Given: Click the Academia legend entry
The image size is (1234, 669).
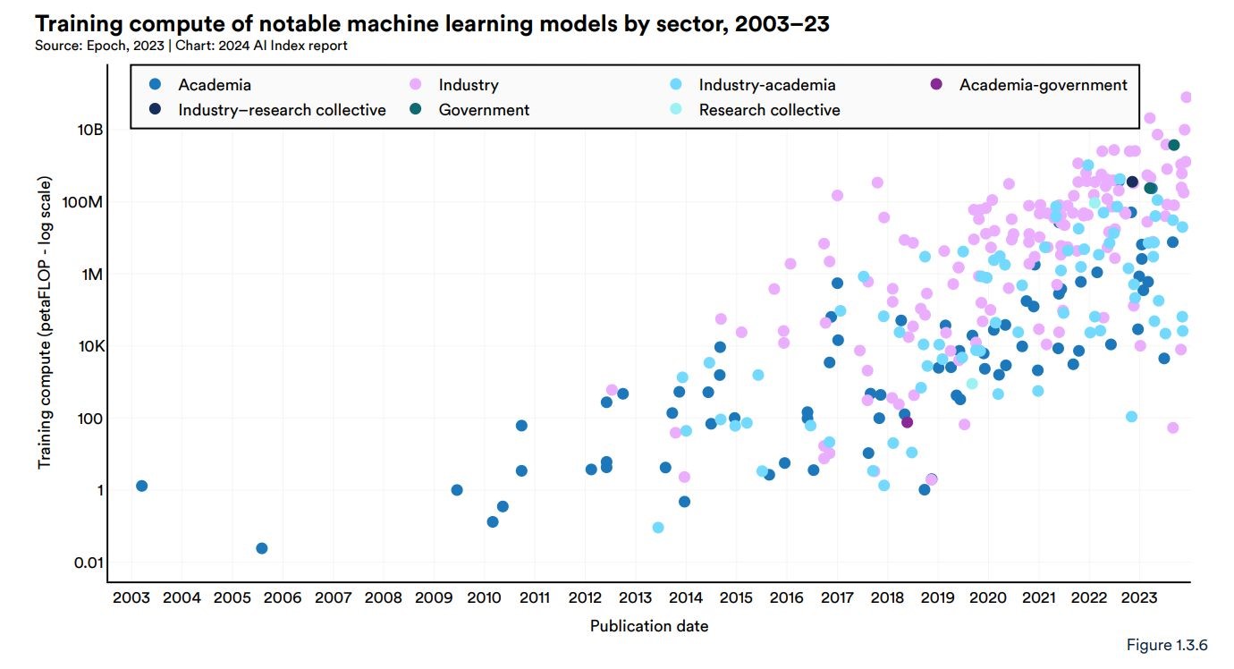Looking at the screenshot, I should [x=215, y=85].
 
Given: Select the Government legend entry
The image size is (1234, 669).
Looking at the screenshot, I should [x=484, y=110].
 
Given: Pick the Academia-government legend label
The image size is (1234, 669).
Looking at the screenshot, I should [x=1043, y=85].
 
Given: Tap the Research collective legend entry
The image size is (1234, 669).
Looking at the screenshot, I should [x=769, y=110].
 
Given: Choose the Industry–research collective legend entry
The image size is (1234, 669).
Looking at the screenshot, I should [x=282, y=110].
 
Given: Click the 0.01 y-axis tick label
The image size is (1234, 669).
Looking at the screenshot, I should [x=89, y=563].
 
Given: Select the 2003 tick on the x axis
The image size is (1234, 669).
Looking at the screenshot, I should [x=131, y=597].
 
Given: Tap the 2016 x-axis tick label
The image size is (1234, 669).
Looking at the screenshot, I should [x=786, y=597].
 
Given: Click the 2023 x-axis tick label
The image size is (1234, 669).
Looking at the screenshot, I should [x=1138, y=597].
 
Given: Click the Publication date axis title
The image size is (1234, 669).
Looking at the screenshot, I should [x=649, y=626].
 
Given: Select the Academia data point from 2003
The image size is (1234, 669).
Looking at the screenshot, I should [x=141, y=486].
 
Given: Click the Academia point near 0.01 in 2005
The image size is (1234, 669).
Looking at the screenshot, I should [x=261, y=548].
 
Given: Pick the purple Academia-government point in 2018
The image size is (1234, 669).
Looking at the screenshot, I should [x=907, y=422].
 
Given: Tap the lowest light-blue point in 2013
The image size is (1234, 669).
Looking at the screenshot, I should [x=658, y=528].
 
